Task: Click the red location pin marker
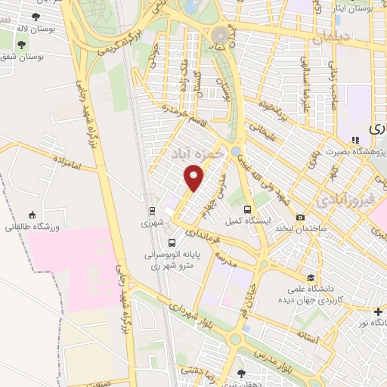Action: pos(194,179)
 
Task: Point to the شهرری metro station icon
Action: pos(152,211)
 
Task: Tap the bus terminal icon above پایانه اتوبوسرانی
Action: pos(173,243)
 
